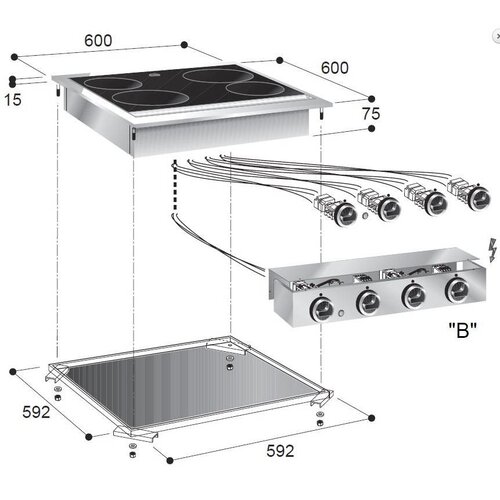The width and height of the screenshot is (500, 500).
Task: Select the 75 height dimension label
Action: pos(371,114)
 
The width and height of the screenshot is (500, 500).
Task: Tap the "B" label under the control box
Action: pos(461,329)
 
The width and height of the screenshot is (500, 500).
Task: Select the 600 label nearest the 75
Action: pos(334,67)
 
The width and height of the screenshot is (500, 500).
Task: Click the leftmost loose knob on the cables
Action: pos(344,212)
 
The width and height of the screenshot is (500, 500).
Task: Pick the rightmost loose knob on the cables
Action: pos(470,194)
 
